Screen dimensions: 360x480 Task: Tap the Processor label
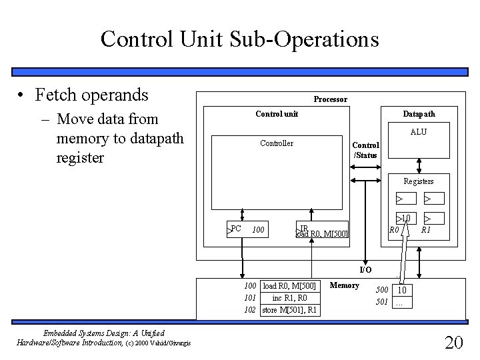pyautogui.click(x=330, y=99)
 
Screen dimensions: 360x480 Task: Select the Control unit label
pyautogui.click(x=277, y=114)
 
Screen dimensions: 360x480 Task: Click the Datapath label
pyautogui.click(x=419, y=114)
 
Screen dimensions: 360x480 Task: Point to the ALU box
pyautogui.click(x=418, y=147)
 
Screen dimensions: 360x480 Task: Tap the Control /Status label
pyautogui.click(x=365, y=151)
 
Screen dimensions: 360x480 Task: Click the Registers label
pyautogui.click(x=418, y=181)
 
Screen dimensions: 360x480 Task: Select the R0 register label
pyautogui.click(x=394, y=230)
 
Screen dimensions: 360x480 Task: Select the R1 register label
pyautogui.click(x=425, y=230)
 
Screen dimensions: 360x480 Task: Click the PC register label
pyautogui.click(x=235, y=229)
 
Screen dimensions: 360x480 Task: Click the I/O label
pyautogui.click(x=366, y=270)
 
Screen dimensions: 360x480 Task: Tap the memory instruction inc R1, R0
pyautogui.click(x=290, y=297)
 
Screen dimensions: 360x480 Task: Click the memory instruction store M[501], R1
pyautogui.click(x=290, y=309)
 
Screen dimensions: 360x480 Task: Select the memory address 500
pyautogui.click(x=381, y=290)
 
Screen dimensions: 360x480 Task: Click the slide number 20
pyautogui.click(x=453, y=343)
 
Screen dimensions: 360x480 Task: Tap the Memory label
pyautogui.click(x=345, y=286)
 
